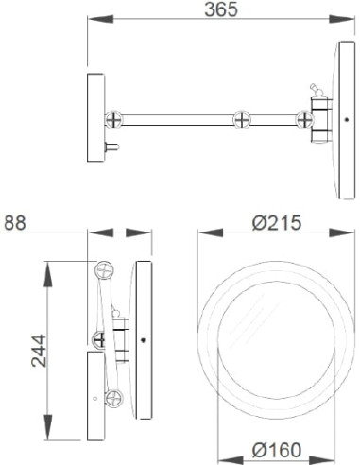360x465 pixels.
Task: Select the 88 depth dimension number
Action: coord(15,224)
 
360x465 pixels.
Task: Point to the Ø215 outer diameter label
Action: coord(275,223)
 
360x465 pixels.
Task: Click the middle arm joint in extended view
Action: coord(242,120)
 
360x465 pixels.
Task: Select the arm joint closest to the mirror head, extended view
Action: coord(304,120)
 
